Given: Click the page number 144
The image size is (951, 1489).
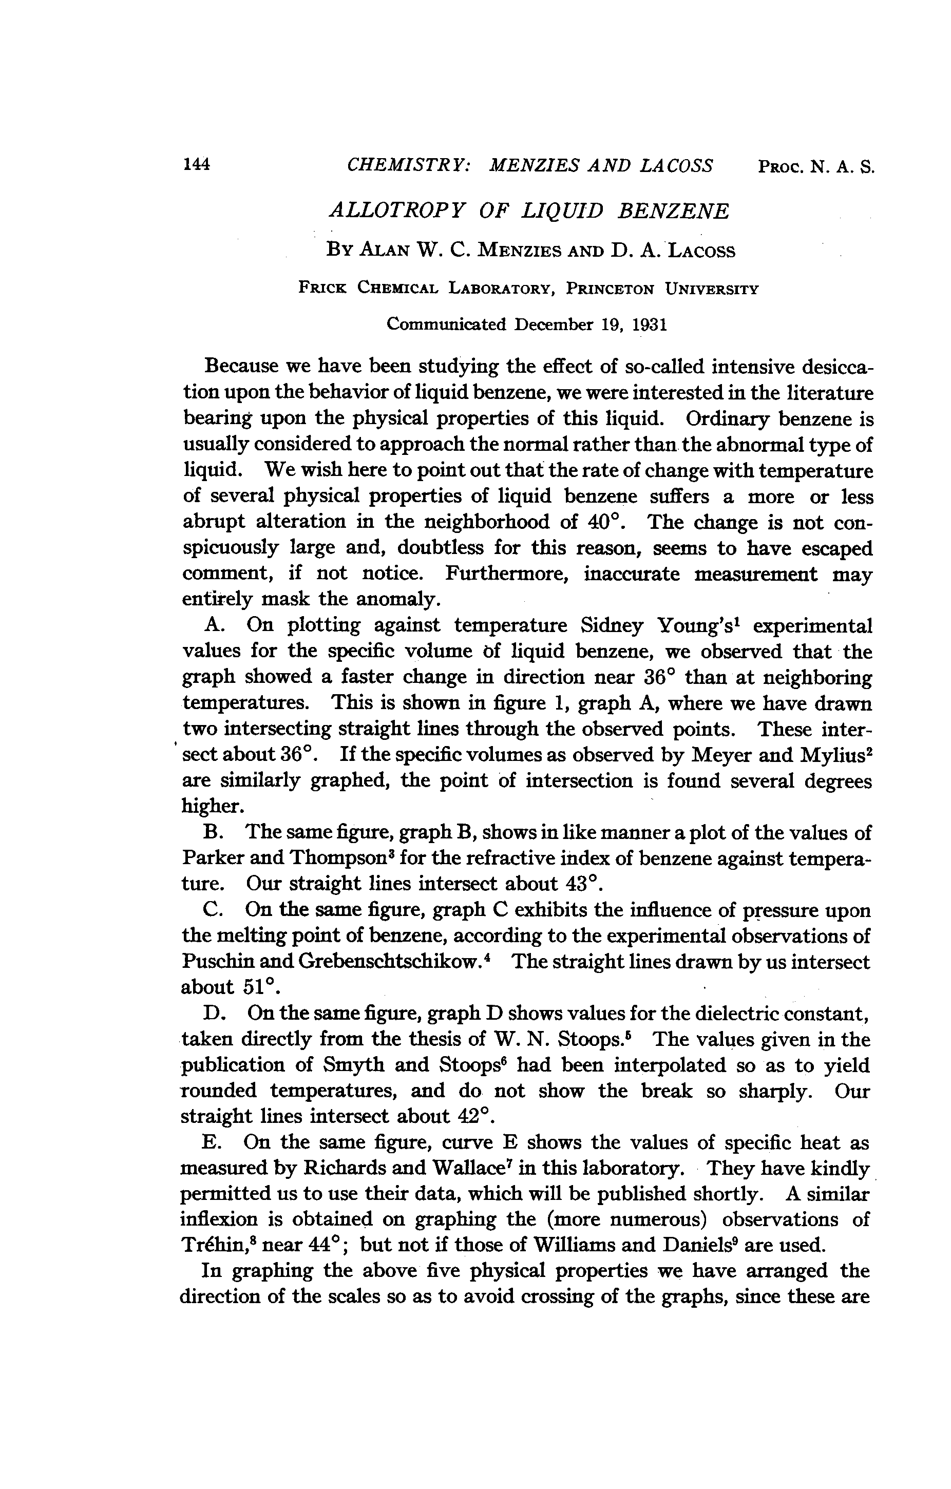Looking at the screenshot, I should (197, 164).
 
